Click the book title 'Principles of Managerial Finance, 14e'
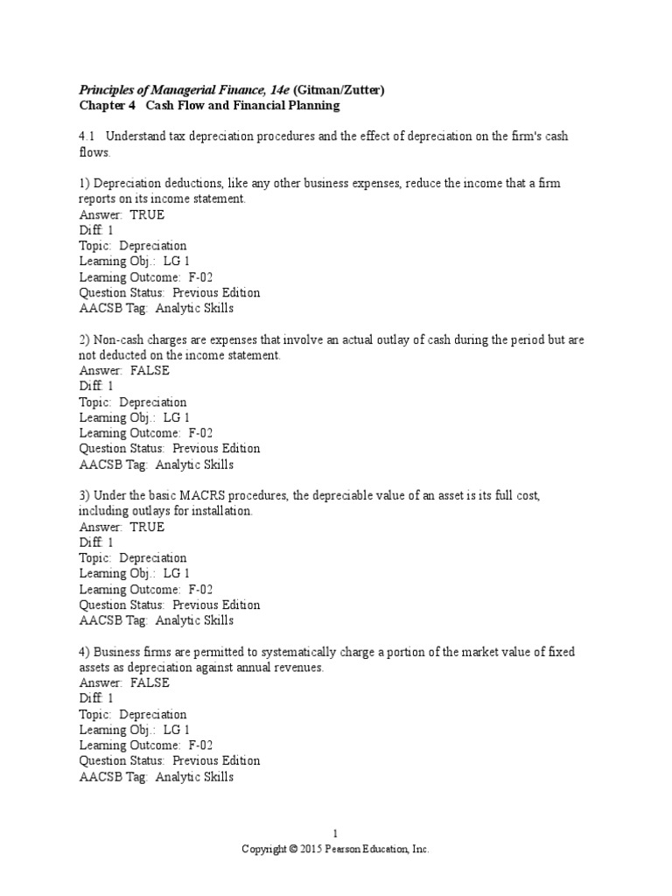185,90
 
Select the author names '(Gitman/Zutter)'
339,90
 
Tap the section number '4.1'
88,137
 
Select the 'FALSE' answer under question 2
150,370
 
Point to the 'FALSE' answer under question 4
150,682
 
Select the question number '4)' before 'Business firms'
85,652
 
